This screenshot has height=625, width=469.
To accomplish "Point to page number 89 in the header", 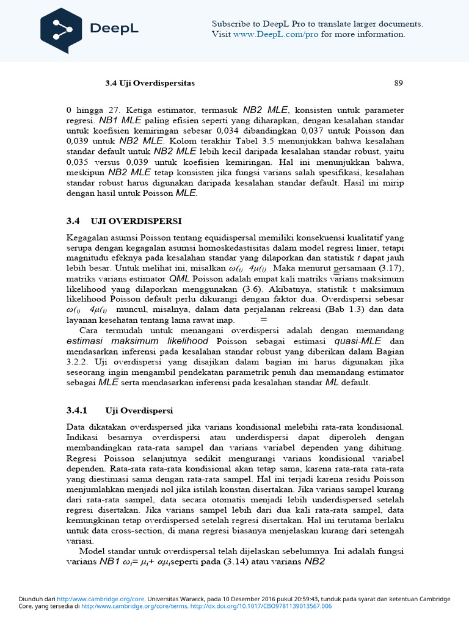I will (x=398, y=83).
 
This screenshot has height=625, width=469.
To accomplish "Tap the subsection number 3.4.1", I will (x=77, y=410).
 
